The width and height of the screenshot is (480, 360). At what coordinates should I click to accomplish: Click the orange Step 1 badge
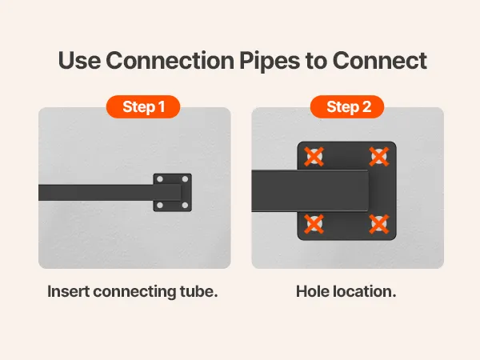pyautogui.click(x=143, y=106)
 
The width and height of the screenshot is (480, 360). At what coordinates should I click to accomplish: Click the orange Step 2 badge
pyautogui.click(x=347, y=106)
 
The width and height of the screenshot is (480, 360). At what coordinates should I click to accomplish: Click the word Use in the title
pyautogui.click(x=79, y=60)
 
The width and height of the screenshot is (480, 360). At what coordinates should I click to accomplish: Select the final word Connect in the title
pyautogui.click(x=379, y=60)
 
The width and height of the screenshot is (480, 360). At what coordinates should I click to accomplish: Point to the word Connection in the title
pyautogui.click(x=170, y=60)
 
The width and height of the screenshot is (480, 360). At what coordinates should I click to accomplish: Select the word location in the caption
pyautogui.click(x=365, y=291)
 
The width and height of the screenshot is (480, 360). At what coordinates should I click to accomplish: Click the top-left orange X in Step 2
pyautogui.click(x=314, y=157)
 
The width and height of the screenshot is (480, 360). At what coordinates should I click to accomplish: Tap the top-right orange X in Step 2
pyautogui.click(x=379, y=157)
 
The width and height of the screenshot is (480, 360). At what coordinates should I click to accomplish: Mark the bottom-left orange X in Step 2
pyautogui.click(x=314, y=224)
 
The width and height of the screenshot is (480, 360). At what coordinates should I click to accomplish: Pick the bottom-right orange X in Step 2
pyautogui.click(x=379, y=224)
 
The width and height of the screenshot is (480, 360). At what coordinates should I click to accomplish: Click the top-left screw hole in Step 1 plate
pyautogui.click(x=160, y=179)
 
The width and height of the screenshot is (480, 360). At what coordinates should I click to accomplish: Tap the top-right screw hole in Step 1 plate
pyautogui.click(x=186, y=179)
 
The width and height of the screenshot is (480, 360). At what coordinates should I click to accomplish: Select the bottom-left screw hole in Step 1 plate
pyautogui.click(x=160, y=205)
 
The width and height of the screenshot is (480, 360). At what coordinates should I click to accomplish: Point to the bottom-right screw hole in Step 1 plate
pyautogui.click(x=186, y=205)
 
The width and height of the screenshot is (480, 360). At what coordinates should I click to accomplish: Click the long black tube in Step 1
pyautogui.click(x=110, y=193)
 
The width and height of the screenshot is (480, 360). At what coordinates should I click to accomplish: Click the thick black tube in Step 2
pyautogui.click(x=310, y=190)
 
